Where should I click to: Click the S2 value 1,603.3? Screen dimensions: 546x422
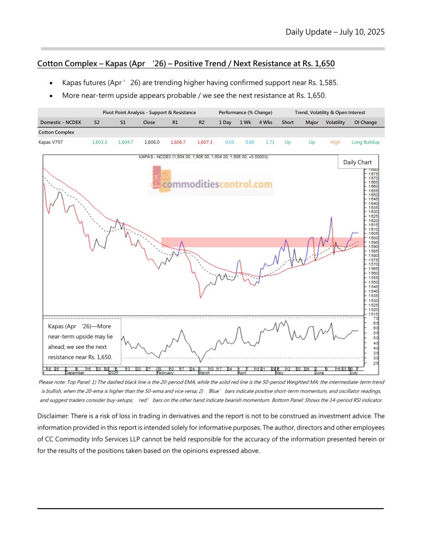[99, 142]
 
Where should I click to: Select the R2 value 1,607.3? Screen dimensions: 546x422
[204, 142]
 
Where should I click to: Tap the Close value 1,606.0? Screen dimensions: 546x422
[152, 142]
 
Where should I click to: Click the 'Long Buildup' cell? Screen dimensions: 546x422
[366, 142]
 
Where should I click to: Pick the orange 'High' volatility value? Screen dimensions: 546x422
[335, 142]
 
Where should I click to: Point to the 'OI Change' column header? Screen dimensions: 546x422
[365, 122]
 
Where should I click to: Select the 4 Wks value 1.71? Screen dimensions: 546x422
[270, 142]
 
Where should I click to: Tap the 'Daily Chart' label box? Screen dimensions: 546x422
[357, 162]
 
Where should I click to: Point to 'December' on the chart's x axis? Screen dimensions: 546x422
[75, 372]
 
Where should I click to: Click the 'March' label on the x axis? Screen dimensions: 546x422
[204, 372]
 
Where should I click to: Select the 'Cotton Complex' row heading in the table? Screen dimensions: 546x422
[56, 132]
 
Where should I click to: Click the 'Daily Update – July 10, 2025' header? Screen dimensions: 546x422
[335, 32]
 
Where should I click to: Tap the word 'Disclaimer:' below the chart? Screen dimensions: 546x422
[55, 416]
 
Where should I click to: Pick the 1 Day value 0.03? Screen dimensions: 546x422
[229, 142]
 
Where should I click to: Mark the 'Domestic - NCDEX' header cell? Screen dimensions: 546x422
[61, 122]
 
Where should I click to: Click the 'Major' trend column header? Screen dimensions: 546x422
[312, 122]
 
